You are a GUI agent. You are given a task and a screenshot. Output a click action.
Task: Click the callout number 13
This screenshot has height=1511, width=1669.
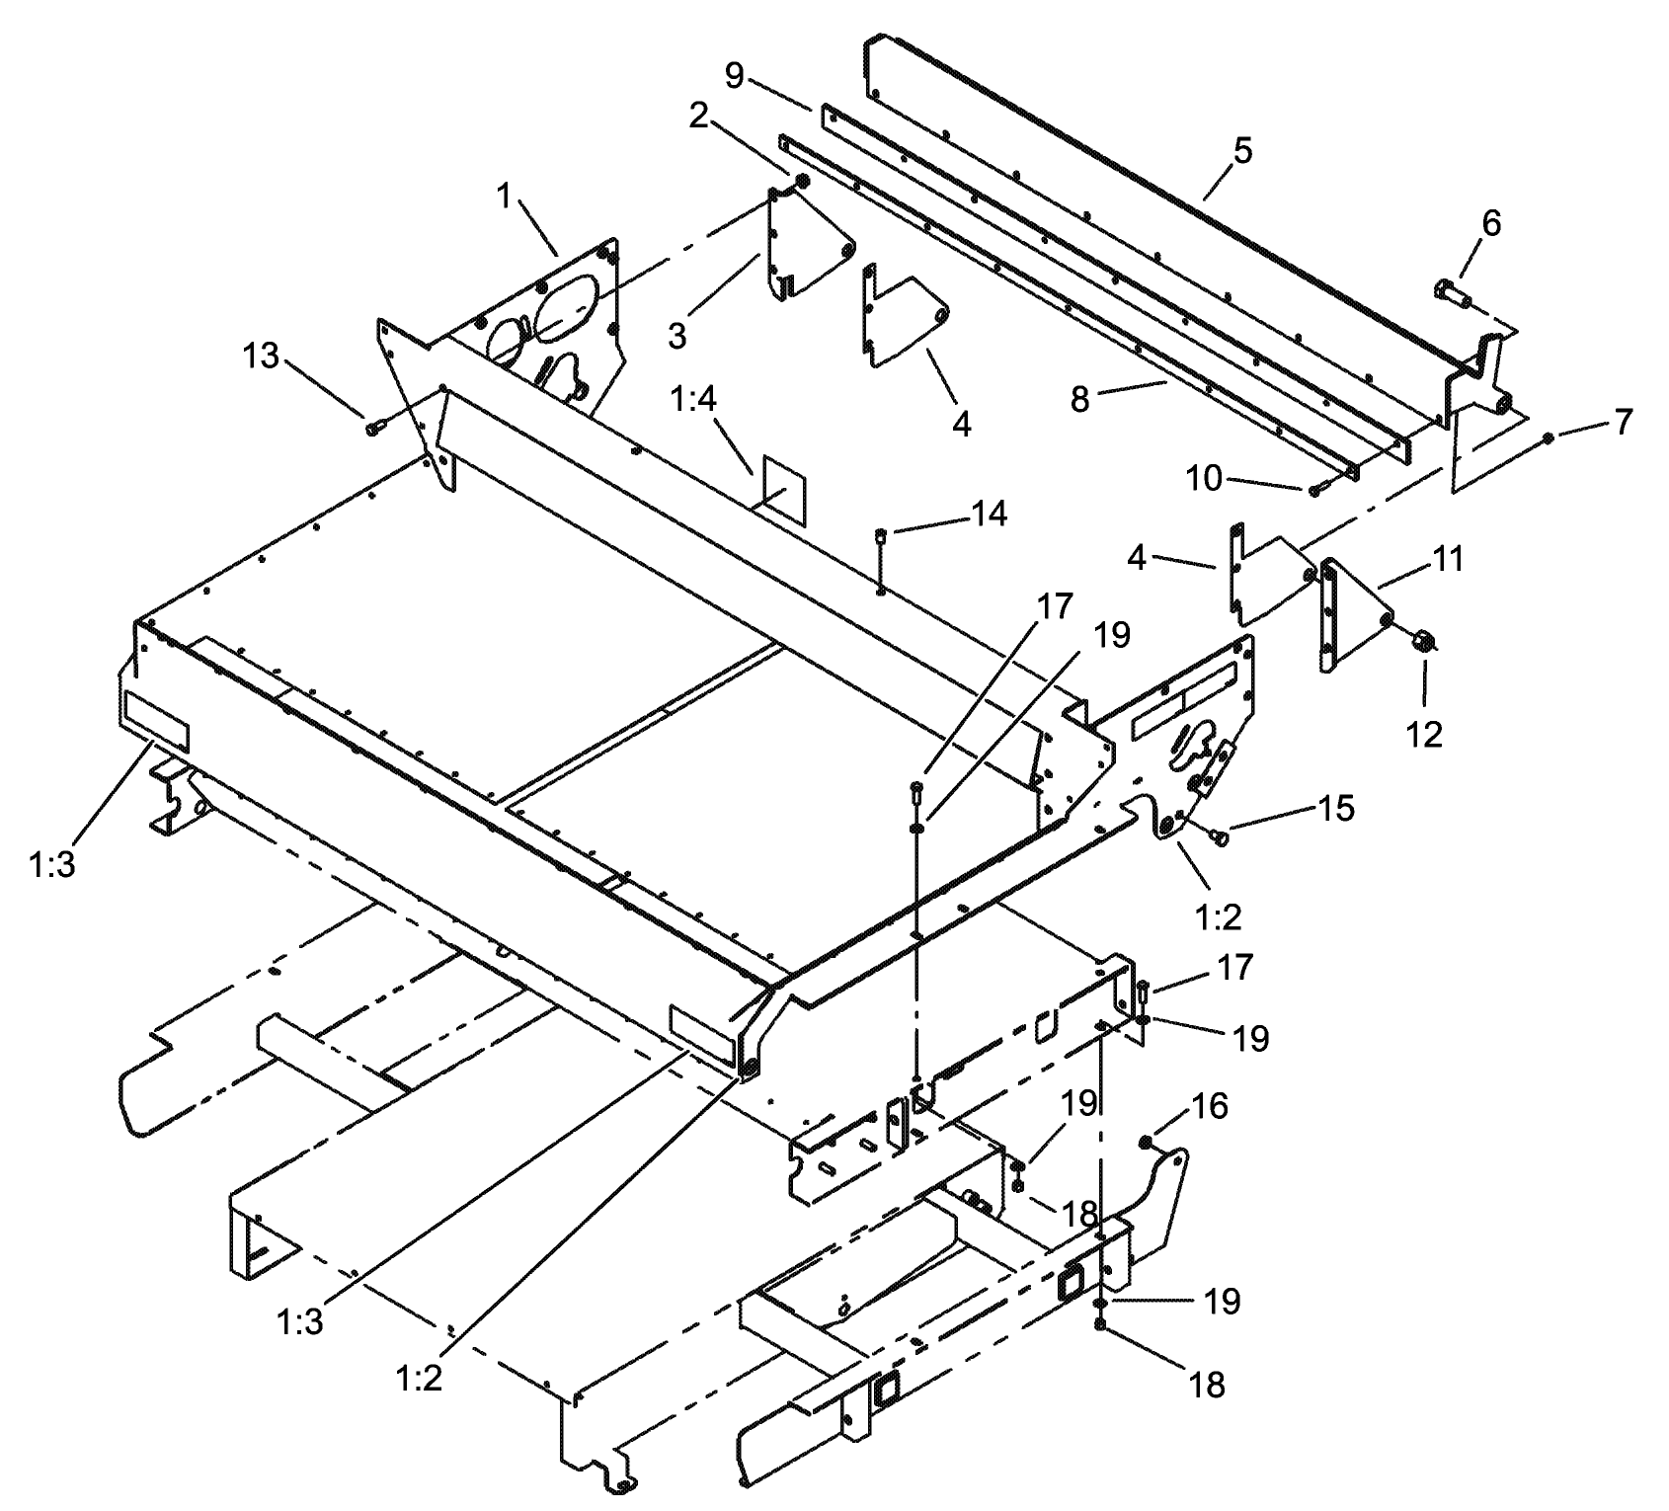pos(261,357)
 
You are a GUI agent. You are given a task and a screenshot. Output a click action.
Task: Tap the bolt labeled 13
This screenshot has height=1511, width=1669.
pos(374,430)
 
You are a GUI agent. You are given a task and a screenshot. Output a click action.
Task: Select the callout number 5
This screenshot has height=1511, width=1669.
pos(1242,151)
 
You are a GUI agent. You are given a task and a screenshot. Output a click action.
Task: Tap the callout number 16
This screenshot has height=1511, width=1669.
pos(1211,1106)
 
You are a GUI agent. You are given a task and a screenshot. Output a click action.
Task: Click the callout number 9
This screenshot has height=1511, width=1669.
pos(734,76)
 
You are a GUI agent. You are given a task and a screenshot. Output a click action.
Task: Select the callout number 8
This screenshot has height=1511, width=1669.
pos(1080,399)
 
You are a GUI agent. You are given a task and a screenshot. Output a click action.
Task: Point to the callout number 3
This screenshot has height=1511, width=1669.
pos(676,335)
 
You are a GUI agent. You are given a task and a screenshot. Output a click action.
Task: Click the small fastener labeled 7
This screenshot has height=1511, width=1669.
pos(1548,437)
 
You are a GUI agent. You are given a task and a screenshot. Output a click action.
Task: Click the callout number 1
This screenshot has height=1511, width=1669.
pos(505,197)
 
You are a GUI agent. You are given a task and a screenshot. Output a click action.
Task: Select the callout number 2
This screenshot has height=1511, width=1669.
pos(698,116)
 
